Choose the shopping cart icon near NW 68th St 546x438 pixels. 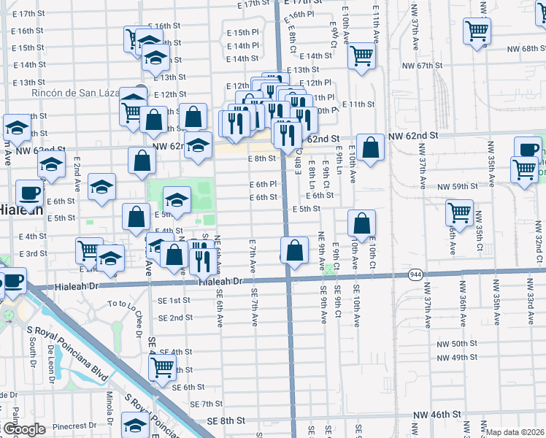click(x=477, y=31)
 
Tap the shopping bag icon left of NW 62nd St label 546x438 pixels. click(x=371, y=147)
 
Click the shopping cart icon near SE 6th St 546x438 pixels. click(x=163, y=366)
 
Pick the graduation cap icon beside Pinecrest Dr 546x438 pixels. click(x=135, y=424)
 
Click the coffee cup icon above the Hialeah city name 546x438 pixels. click(x=29, y=193)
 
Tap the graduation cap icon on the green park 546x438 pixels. click(x=177, y=199)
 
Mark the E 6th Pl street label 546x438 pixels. click(x=263, y=185)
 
